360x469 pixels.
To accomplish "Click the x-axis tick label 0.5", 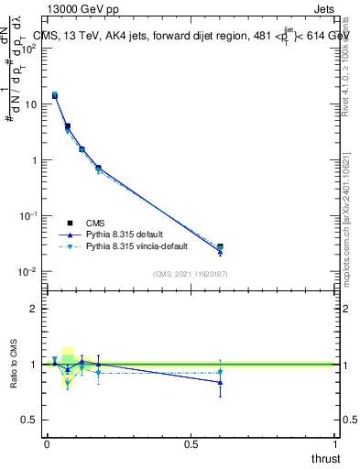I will [191, 443].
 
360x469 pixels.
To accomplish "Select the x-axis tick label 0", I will [47, 443].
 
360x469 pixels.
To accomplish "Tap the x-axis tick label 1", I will [336, 443].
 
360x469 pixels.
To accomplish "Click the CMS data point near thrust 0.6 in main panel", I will [220, 247].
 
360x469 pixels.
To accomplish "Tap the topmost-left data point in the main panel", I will [55, 95].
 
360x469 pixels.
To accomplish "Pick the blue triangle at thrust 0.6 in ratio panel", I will [220, 383].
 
